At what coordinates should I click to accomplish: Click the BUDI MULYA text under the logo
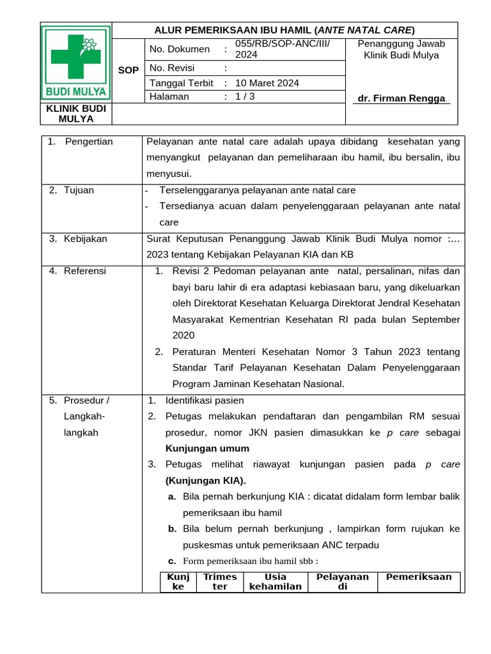(76, 91)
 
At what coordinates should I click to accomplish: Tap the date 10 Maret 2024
(267, 83)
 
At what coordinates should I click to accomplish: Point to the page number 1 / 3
(245, 96)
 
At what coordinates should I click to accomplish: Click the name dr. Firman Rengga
(401, 98)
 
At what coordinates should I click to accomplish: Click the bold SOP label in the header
(129, 70)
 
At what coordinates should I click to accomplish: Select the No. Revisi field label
(172, 68)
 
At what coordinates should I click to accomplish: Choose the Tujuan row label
(79, 190)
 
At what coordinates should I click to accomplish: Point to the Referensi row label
(85, 271)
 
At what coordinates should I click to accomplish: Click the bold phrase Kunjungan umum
(207, 448)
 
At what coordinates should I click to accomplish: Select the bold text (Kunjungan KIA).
(205, 480)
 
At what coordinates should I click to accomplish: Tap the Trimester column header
(220, 582)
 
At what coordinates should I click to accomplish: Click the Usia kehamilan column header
(275, 582)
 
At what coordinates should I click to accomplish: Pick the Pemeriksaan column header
(419, 577)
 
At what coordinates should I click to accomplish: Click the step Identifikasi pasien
(205, 400)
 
